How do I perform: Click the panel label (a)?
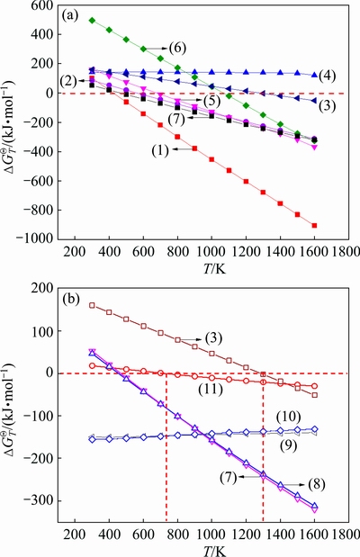pyautogui.click(x=70, y=16)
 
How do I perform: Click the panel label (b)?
pyautogui.click(x=70, y=300)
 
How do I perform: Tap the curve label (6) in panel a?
pyautogui.click(x=177, y=48)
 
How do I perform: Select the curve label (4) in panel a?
pyautogui.click(x=327, y=76)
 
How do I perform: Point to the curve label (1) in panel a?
pyautogui.click(x=160, y=151)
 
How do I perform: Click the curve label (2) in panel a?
pyautogui.click(x=67, y=81)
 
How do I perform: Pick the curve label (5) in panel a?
pyautogui.click(x=211, y=102)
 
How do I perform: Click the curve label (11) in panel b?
pyautogui.click(x=211, y=390)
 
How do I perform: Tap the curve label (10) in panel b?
pyautogui.click(x=289, y=416)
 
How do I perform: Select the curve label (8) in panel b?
pyautogui.click(x=317, y=484)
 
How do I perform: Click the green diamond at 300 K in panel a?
pyautogui.click(x=92, y=21)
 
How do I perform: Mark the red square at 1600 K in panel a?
pyautogui.click(x=314, y=226)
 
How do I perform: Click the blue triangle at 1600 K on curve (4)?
pyautogui.click(x=314, y=75)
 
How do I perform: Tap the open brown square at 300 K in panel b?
pyautogui.click(x=92, y=306)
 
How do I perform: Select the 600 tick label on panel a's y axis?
pyautogui.click(x=42, y=5)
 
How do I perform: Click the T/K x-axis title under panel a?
pyautogui.click(x=214, y=269)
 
